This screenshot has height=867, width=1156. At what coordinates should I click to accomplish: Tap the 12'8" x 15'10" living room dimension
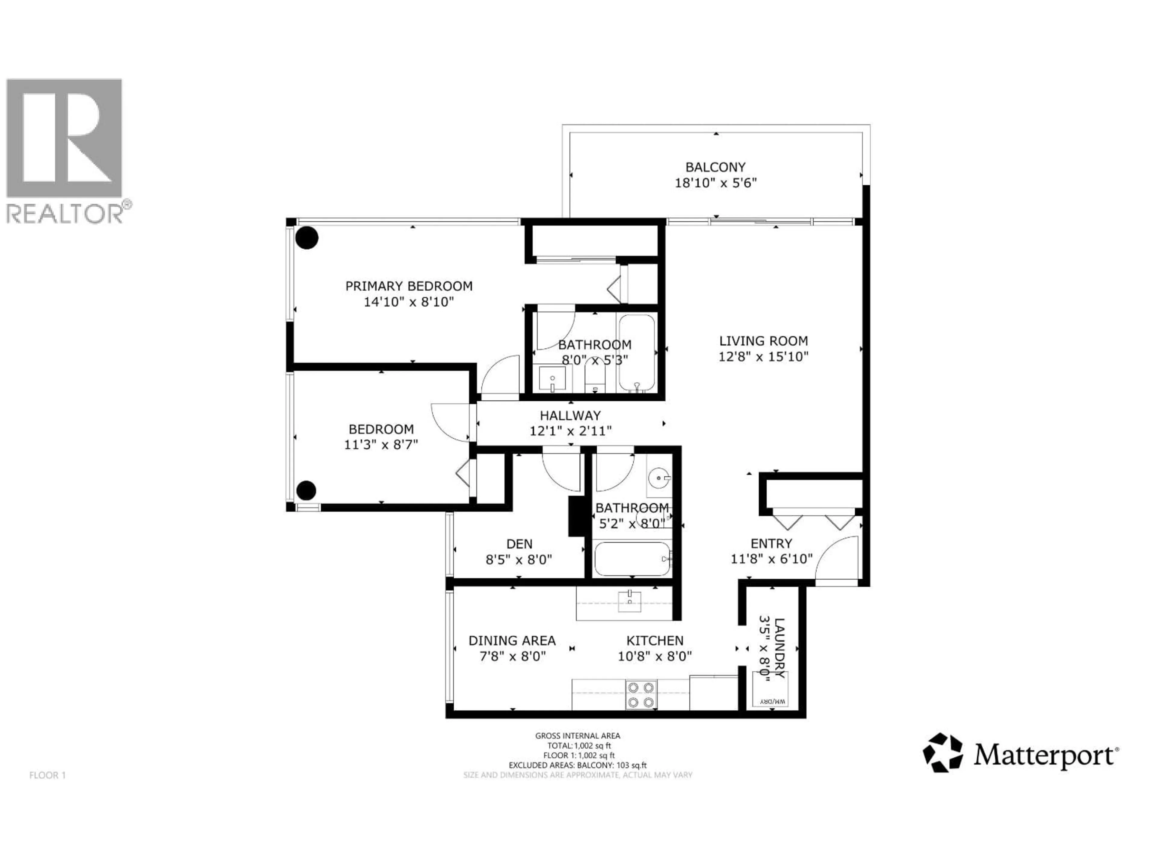[763, 357]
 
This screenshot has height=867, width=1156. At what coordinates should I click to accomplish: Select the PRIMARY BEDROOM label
[409, 286]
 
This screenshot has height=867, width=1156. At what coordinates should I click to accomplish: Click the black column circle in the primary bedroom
[307, 238]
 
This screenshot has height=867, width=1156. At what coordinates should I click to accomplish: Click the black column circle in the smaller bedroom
[306, 490]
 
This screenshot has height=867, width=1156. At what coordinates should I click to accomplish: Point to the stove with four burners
[641, 695]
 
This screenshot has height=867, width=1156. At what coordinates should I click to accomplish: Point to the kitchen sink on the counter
[630, 601]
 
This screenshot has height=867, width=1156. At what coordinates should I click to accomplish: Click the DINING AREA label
[512, 641]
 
